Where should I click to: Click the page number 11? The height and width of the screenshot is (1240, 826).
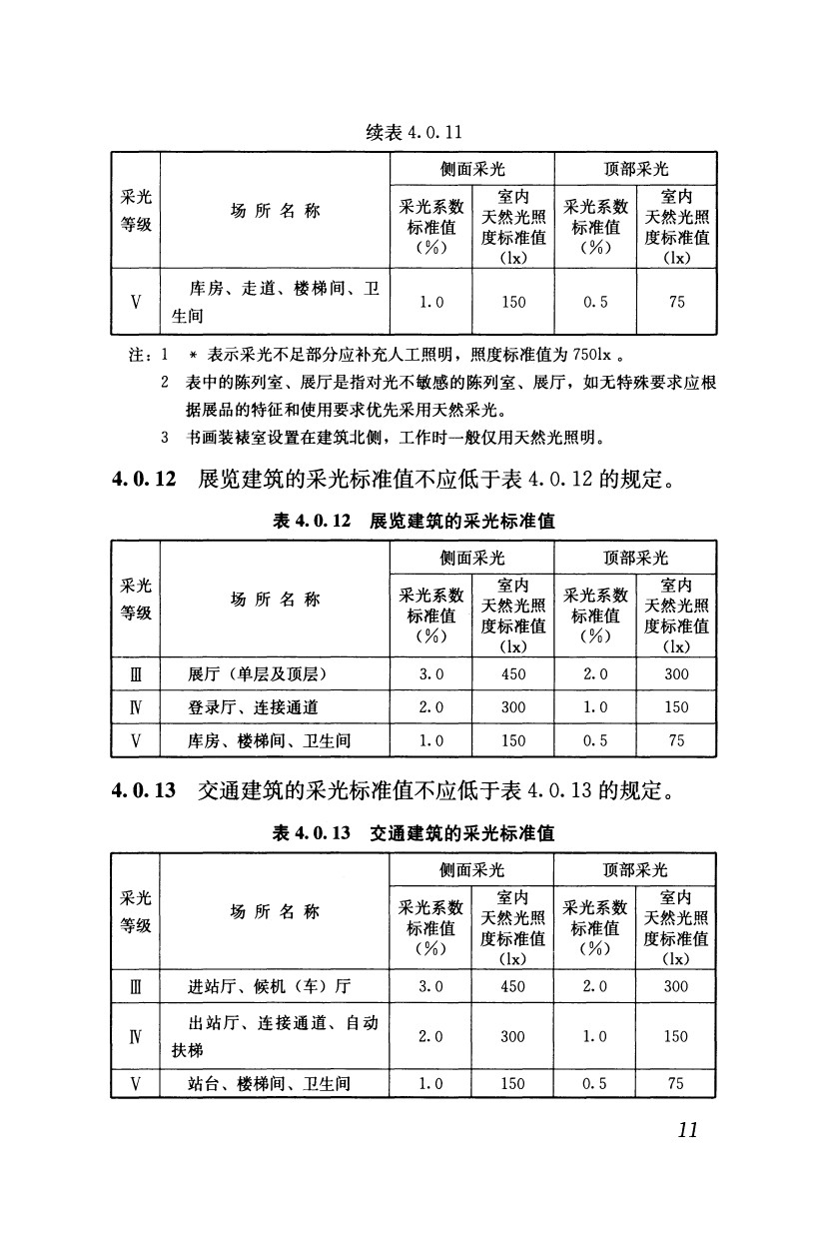(x=686, y=1129)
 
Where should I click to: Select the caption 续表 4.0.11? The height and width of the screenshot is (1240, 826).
(x=413, y=133)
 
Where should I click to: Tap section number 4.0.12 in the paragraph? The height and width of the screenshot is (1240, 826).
(x=145, y=480)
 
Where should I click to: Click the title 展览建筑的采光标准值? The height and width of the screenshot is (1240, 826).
(x=461, y=522)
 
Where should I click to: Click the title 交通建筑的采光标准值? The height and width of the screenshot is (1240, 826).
(x=461, y=833)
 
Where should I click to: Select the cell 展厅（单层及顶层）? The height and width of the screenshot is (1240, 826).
(x=259, y=674)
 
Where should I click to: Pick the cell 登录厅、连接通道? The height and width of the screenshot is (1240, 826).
(x=253, y=707)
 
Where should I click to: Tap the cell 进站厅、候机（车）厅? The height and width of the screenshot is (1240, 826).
(x=270, y=986)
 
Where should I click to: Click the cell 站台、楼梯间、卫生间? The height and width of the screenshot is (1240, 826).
(x=270, y=1083)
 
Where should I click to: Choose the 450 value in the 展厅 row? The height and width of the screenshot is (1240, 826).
(x=512, y=674)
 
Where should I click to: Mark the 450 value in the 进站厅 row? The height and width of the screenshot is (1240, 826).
(x=512, y=986)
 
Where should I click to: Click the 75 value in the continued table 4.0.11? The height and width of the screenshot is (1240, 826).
(x=676, y=302)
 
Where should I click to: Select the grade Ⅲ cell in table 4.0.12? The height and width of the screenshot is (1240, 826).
(x=135, y=674)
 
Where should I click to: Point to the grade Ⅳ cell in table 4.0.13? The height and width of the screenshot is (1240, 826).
(x=135, y=1036)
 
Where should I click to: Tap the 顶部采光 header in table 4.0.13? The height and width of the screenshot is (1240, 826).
(x=635, y=869)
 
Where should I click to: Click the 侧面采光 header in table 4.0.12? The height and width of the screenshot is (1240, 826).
(x=471, y=558)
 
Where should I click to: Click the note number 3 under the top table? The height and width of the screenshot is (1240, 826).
(x=164, y=437)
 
